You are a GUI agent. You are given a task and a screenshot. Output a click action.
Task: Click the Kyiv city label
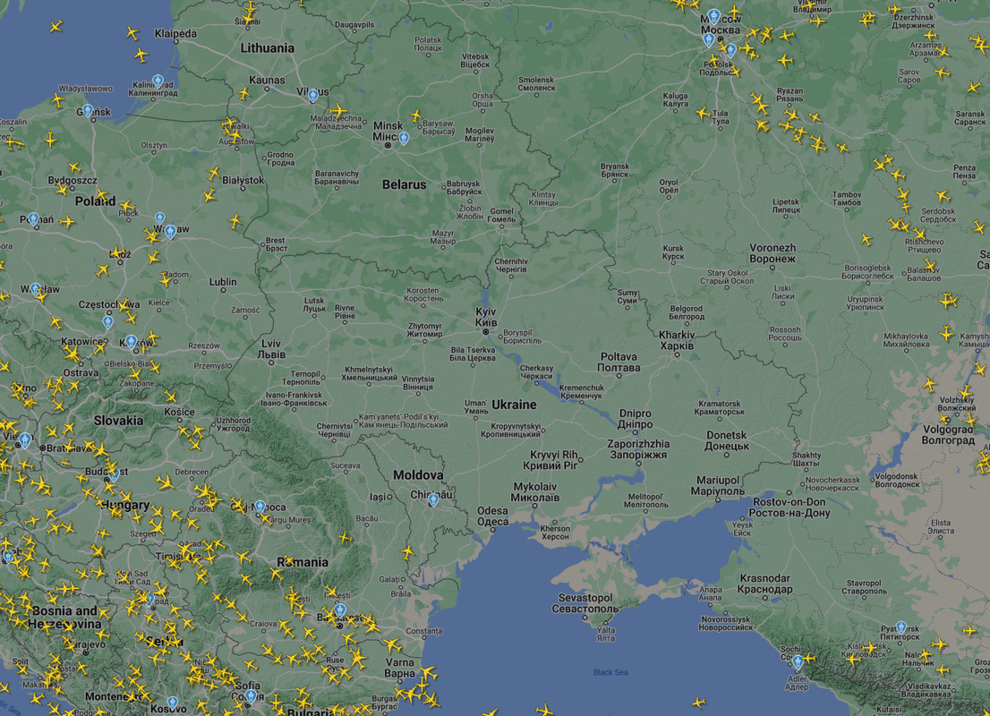coord(486,316)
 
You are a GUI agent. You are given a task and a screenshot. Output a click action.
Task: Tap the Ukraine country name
coord(514,405)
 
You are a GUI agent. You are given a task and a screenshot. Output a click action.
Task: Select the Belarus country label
coord(405,184)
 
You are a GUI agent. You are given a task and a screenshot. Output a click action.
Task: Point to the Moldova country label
coord(418,475)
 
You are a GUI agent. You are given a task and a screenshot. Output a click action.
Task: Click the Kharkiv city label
coord(677,340)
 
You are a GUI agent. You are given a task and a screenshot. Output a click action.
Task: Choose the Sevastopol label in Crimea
coord(585,603)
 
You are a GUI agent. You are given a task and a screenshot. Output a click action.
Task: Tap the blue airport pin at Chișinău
coord(433,499)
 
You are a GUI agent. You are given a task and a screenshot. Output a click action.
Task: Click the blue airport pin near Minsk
coord(404,138)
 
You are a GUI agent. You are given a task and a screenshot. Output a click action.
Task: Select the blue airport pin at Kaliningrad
coord(158,81)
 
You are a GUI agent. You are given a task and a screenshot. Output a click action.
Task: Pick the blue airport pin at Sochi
coord(797,661)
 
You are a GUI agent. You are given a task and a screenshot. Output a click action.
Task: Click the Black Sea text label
coord(610,672)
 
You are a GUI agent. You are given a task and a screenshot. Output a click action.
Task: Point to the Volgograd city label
coord(948,435)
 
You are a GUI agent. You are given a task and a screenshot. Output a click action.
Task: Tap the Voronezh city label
coord(772,253)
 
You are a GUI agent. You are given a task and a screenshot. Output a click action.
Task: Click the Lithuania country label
coord(267,48)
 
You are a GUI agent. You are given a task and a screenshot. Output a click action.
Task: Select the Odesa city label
coord(492,516)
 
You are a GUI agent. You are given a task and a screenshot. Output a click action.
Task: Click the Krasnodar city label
coord(764,584)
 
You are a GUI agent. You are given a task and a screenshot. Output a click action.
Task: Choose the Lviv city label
coord(271,349)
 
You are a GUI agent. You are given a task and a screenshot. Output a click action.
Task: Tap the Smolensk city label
coord(537,83)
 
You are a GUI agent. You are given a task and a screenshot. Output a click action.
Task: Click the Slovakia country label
coord(118,420)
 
